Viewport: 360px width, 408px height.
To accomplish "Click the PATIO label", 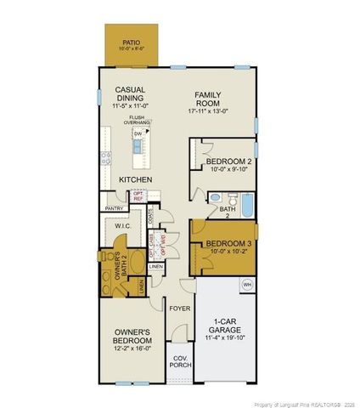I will [130, 41].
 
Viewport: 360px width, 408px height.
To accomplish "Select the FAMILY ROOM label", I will [207, 99].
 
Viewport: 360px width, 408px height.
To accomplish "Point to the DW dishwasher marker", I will [136, 133].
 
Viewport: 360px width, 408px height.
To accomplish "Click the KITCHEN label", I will [134, 180].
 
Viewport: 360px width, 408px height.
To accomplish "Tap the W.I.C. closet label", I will [121, 227].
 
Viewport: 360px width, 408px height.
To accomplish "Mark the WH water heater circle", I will [248, 284].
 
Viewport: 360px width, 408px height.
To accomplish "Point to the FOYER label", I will [178, 309].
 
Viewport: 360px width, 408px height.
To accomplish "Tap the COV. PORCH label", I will [178, 361].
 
